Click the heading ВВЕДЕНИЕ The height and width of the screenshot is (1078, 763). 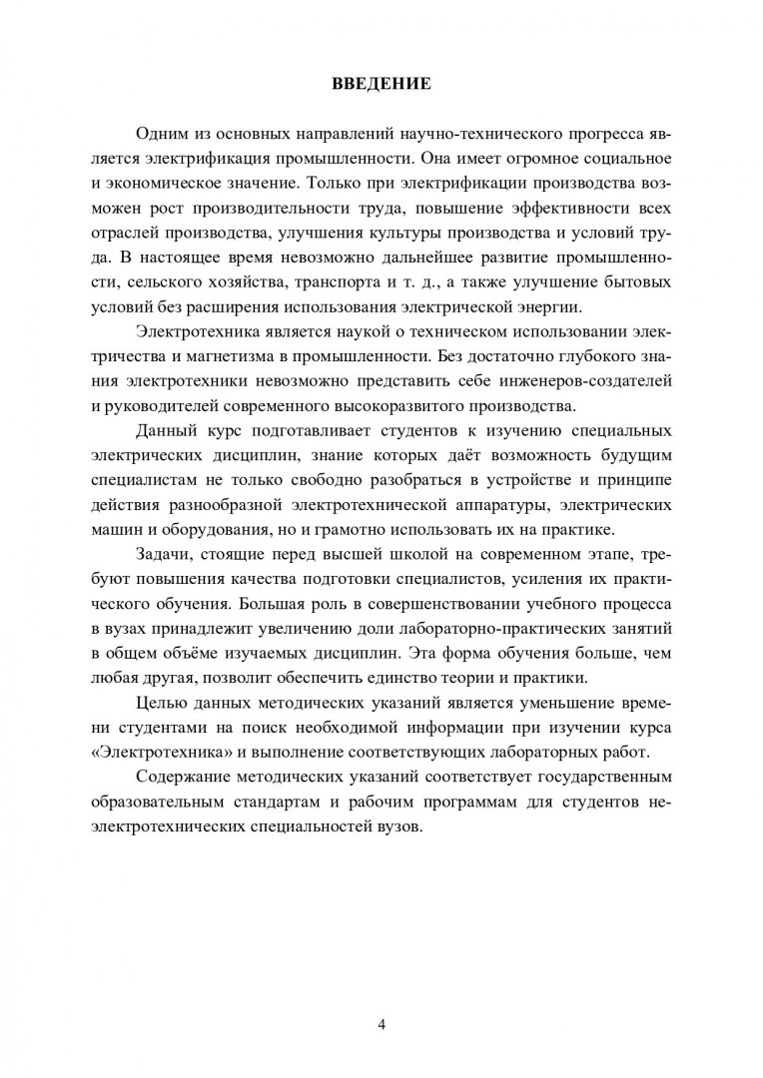[381, 85]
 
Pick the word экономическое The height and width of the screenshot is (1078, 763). [170, 186]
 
